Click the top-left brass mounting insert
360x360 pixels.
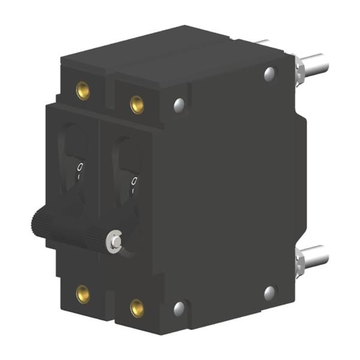click(83, 91)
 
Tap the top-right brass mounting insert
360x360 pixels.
click(137, 105)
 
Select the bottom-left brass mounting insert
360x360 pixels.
click(83, 294)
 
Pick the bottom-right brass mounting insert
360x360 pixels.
click(137, 308)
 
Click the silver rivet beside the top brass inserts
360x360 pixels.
click(179, 106)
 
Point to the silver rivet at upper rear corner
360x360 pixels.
click(269, 74)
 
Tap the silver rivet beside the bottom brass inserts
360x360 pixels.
click(179, 309)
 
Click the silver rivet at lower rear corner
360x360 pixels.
click(269, 293)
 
